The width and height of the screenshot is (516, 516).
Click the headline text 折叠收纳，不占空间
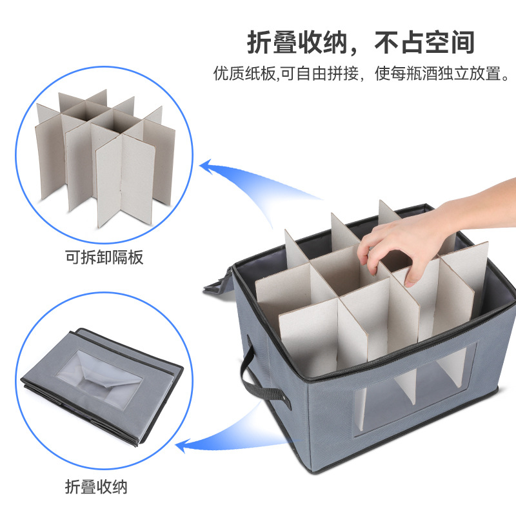tap(361, 42)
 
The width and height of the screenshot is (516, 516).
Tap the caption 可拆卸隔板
tap(104, 258)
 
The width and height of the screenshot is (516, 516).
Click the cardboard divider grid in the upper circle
tap(106, 155)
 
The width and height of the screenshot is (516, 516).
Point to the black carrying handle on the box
tap(253, 381)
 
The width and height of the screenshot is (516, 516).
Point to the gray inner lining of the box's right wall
tap(497, 284)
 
